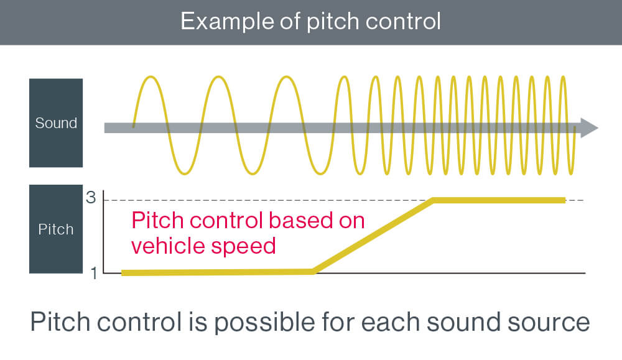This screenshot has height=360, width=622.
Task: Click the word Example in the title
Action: (x=227, y=21)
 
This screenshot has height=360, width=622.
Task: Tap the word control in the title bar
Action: (x=403, y=21)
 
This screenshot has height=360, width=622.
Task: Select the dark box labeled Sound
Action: (x=56, y=123)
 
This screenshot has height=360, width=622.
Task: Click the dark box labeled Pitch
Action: (x=56, y=229)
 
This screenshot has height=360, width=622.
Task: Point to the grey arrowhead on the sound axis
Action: (x=590, y=127)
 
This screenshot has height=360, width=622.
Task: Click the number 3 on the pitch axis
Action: (x=91, y=198)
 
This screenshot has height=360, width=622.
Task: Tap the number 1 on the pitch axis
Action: (x=94, y=273)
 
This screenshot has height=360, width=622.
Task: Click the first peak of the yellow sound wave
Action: (x=151, y=77)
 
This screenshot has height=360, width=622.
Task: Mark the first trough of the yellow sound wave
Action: (x=184, y=172)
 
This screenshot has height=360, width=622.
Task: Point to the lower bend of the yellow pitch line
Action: (x=313, y=272)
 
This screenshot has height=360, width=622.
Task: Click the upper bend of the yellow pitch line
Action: (x=434, y=200)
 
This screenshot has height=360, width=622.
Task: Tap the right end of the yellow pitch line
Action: (x=564, y=200)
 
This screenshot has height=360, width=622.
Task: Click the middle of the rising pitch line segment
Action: (x=373, y=236)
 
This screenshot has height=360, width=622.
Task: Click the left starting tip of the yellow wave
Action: (x=133, y=126)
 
